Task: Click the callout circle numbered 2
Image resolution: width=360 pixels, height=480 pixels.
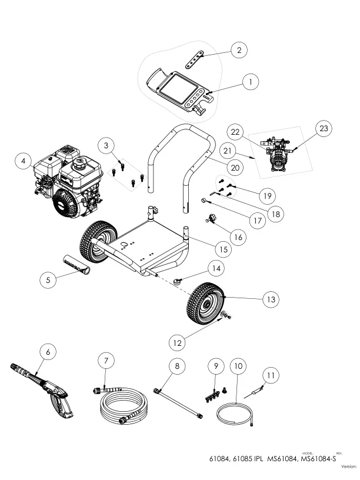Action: point(238,51)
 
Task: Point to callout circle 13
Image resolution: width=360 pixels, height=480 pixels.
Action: point(270,299)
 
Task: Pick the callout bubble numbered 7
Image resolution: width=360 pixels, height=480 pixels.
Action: point(106,360)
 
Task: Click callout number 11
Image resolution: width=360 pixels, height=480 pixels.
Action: point(270,375)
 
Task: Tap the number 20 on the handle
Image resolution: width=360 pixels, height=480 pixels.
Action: point(234,168)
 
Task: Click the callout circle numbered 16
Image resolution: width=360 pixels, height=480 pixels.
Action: point(238,237)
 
